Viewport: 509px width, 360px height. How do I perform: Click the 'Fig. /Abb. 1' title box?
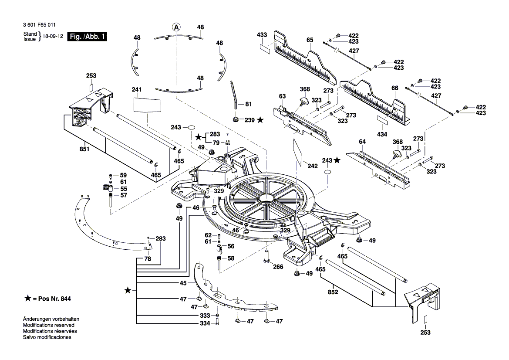coord(87,37)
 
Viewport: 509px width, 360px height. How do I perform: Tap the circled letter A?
coord(176,27)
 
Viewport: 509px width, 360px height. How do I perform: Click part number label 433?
coord(262,34)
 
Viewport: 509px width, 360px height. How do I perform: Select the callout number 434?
coord(382,134)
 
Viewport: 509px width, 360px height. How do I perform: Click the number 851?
coord(84,149)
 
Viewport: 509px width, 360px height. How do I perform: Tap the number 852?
coord(333,292)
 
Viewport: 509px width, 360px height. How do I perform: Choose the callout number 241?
coord(137,90)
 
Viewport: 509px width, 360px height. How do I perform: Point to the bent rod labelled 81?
coord(234,94)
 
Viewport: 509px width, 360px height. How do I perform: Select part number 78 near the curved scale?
coord(148,259)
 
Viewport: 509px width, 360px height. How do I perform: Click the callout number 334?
coord(205,323)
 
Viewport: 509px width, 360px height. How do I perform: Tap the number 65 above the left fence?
coord(310,40)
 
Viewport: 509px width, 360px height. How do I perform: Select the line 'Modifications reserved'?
coord(48,325)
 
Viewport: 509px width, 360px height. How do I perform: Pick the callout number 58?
coord(231,258)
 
